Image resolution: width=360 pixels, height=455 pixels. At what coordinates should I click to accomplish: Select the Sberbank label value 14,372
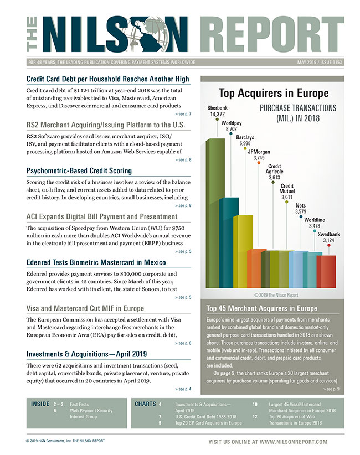(x=217, y=114)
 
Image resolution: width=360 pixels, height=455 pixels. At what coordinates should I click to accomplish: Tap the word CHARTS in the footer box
(x=145, y=404)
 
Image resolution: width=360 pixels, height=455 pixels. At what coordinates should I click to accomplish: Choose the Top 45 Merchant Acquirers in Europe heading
(x=261, y=308)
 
